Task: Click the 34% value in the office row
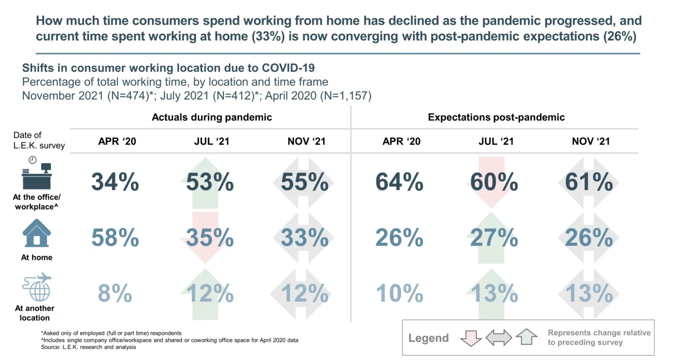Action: point(115,183)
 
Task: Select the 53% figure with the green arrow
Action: point(210,183)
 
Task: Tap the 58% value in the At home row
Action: point(115,238)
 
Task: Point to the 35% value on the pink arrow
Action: point(210,238)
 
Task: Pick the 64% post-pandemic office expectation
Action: point(399,183)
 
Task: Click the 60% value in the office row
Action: point(495,183)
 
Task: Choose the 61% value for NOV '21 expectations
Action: point(589,183)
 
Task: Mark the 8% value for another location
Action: point(115,294)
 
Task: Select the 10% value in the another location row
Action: point(399,294)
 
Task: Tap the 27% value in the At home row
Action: point(495,238)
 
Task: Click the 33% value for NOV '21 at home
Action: point(305,238)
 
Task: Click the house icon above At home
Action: point(36,233)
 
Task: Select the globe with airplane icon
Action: point(37,287)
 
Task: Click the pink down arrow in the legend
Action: point(471,338)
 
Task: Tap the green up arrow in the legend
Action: point(526,338)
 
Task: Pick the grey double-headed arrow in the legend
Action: point(499,338)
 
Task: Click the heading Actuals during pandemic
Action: point(212,117)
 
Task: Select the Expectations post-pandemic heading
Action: point(496,117)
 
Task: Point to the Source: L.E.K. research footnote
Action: point(88,347)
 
